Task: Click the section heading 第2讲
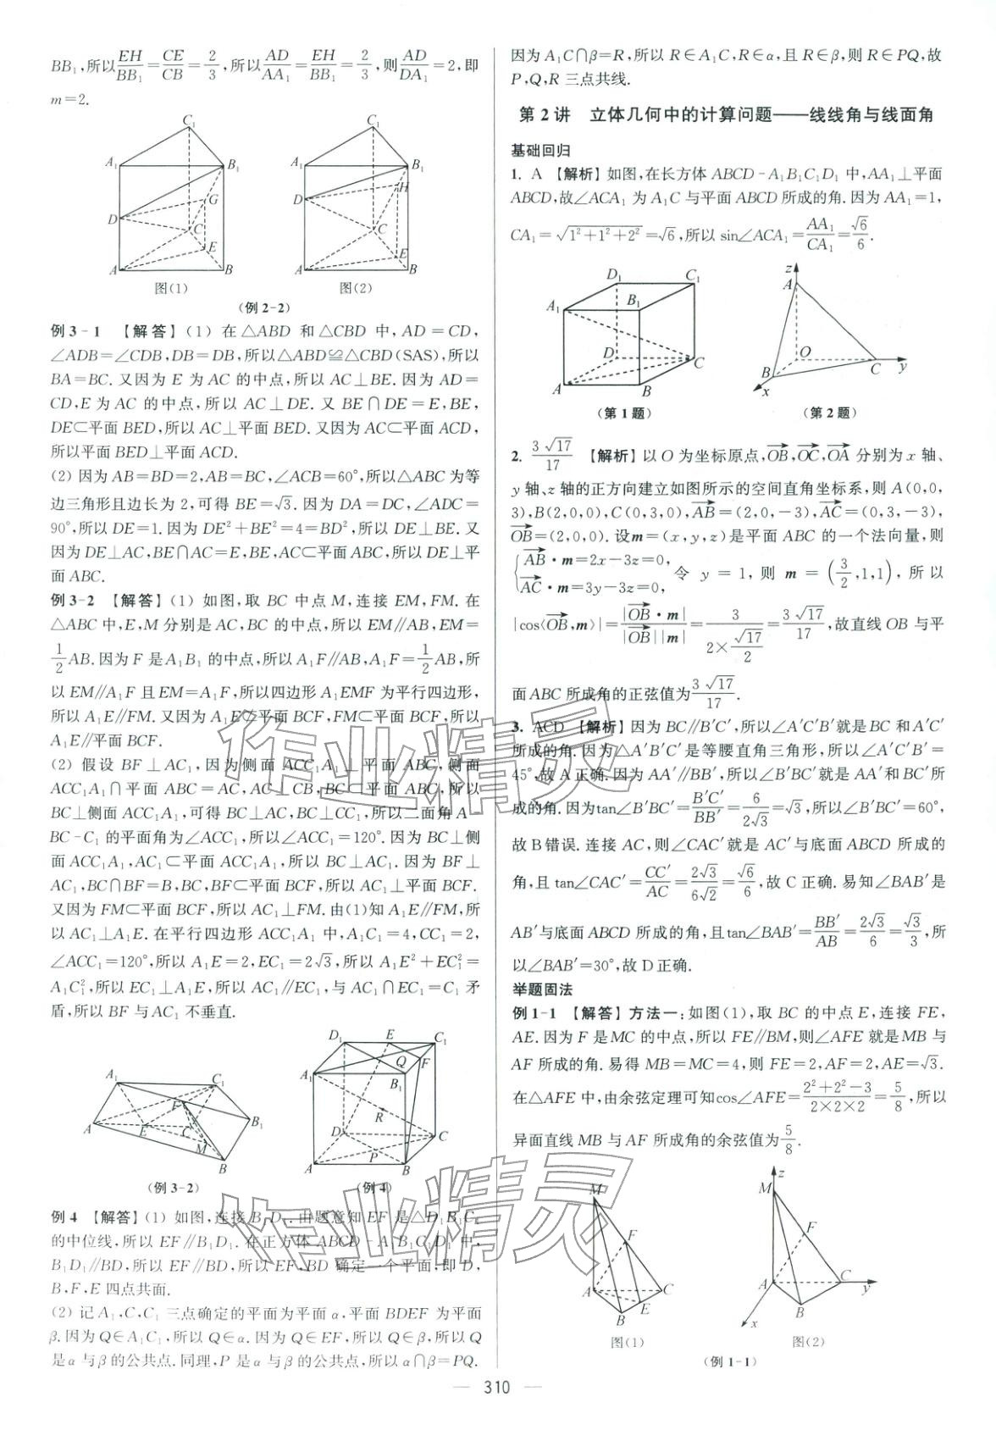pyautogui.click(x=545, y=114)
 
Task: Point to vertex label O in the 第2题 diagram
pyautogui.click(x=805, y=351)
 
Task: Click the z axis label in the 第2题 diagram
pyautogui.click(x=788, y=268)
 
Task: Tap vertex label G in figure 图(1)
pyautogui.click(x=213, y=200)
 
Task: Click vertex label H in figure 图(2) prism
pyautogui.click(x=404, y=187)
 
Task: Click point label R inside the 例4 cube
pyautogui.click(x=380, y=1117)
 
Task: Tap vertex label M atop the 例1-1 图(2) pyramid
pyautogui.click(x=766, y=1189)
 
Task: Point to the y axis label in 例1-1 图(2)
pyautogui.click(x=866, y=1289)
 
